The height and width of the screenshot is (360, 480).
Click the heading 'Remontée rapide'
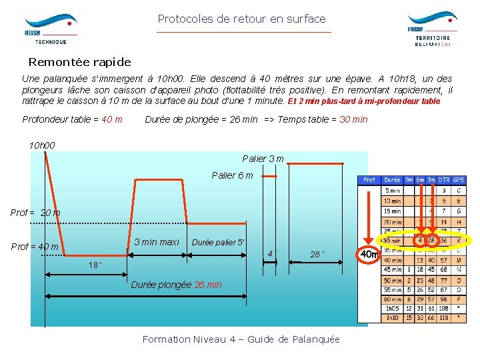click(79, 62)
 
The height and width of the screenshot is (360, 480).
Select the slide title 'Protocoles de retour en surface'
click(241, 19)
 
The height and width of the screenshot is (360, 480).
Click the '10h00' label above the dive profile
click(42, 145)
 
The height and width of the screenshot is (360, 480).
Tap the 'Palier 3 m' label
click(263, 159)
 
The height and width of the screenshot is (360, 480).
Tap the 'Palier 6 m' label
click(232, 175)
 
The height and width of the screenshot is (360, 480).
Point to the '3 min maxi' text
click(156, 242)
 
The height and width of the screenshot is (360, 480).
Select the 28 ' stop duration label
click(316, 254)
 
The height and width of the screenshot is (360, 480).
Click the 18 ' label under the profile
click(96, 265)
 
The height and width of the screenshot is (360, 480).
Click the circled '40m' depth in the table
click(369, 254)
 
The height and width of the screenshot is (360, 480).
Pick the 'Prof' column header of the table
click(369, 180)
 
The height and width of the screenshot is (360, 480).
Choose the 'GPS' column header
click(459, 180)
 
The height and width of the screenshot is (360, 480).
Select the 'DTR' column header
click(444, 180)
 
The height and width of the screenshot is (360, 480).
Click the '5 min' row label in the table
click(393, 190)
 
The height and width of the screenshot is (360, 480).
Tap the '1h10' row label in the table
click(393, 318)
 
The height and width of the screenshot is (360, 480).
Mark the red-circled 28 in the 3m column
click(431, 240)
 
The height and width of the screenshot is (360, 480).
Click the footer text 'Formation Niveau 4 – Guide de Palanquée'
click(241, 339)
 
